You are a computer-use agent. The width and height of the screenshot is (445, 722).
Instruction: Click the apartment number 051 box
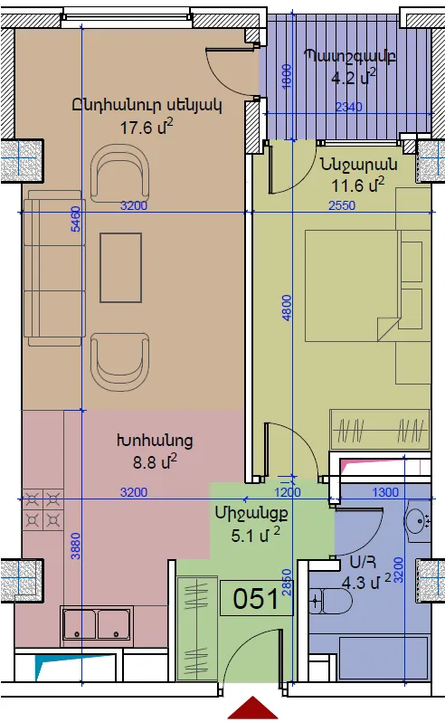(256, 598)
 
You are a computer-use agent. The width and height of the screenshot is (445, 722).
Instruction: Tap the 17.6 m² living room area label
(147, 127)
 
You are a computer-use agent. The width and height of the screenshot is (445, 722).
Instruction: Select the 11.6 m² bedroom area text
(358, 185)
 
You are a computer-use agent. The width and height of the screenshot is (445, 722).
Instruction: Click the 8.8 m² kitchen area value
(155, 461)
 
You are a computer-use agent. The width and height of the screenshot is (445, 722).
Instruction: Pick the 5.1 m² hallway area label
(255, 535)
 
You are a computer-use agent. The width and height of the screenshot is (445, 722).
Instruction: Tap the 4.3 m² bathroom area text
(366, 582)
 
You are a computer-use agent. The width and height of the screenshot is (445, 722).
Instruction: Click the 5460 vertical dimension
(75, 219)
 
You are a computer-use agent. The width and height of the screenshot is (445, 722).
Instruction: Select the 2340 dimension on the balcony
(349, 107)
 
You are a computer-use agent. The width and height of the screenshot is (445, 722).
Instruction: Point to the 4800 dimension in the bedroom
(286, 308)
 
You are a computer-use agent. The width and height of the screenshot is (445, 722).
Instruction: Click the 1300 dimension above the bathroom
(384, 492)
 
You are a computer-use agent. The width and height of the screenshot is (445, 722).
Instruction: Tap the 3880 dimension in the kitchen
(75, 546)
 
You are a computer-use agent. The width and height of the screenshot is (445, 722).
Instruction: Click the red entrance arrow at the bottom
(252, 708)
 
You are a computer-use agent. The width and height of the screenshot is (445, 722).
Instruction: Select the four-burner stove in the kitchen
(43, 509)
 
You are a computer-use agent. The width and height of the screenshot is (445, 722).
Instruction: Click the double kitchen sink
(97, 625)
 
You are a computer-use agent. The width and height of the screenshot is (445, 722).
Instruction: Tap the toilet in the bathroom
(330, 601)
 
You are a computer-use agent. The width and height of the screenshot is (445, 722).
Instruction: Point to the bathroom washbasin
(417, 520)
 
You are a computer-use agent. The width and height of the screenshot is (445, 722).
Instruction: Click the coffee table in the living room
(120, 268)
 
